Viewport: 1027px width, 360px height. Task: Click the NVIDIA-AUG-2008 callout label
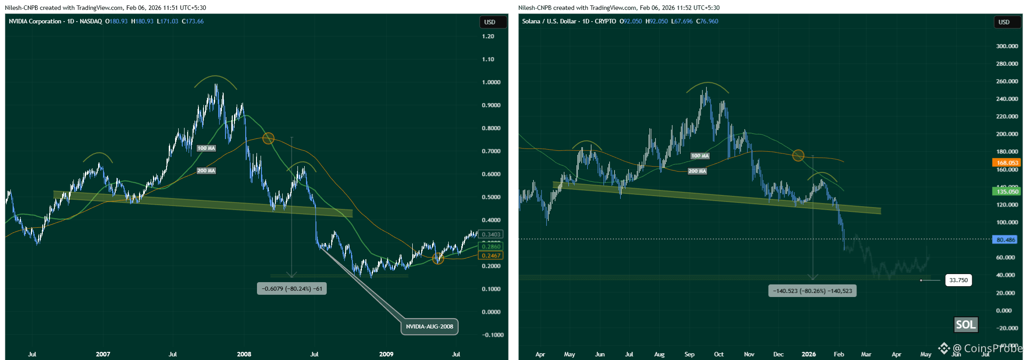coord(429,326)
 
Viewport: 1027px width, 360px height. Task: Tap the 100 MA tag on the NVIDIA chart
coord(206,148)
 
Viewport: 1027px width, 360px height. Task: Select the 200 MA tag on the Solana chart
coord(697,171)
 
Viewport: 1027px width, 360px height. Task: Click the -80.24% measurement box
coord(292,288)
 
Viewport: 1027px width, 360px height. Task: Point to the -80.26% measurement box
coord(812,291)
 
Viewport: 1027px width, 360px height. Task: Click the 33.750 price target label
coord(958,280)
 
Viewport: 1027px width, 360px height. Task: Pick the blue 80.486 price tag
coord(1006,239)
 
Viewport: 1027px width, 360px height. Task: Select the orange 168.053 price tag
coord(1007,162)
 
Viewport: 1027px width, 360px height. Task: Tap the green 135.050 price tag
coord(1007,191)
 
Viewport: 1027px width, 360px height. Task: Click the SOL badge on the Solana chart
coord(966,324)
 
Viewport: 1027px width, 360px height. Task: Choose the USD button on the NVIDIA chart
coord(490,22)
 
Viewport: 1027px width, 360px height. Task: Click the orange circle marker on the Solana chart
coord(798,156)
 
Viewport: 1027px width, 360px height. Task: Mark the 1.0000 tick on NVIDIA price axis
coord(491,82)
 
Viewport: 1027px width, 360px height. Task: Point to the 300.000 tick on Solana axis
coord(1007,46)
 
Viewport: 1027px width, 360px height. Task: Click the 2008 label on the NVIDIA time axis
coord(244,354)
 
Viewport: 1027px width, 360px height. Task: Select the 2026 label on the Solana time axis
coord(808,354)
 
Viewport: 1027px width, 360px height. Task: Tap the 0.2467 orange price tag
coord(491,255)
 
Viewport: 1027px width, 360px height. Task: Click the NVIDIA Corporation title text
coord(35,21)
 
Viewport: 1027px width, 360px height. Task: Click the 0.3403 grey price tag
coord(491,234)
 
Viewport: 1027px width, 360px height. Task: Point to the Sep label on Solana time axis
coord(689,354)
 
